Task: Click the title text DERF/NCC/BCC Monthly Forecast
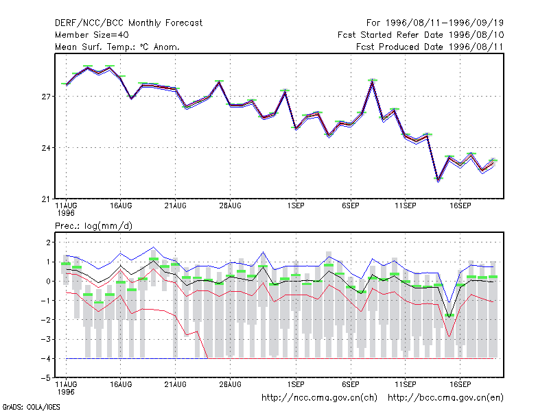pos(128,23)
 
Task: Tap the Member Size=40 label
pos(92,35)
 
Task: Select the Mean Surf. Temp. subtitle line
pos(117,47)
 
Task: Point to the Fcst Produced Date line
pos(430,47)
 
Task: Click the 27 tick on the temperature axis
pos(46,97)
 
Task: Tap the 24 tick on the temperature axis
pos(46,148)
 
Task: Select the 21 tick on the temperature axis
pos(46,199)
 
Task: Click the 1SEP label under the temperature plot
pos(296,206)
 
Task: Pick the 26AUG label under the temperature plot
pos(231,206)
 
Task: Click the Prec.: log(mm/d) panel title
pos(93,226)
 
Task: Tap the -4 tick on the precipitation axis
pos(46,358)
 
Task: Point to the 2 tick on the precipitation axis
pos(48,242)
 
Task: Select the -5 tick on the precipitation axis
pos(46,378)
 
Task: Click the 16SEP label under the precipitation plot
pos(460,384)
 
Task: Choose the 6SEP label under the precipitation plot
pos(351,384)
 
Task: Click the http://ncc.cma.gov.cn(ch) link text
pos(319,398)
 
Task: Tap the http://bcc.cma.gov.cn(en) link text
pos(445,398)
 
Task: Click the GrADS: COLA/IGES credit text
pos(31,407)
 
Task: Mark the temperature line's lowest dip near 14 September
pos(439,181)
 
